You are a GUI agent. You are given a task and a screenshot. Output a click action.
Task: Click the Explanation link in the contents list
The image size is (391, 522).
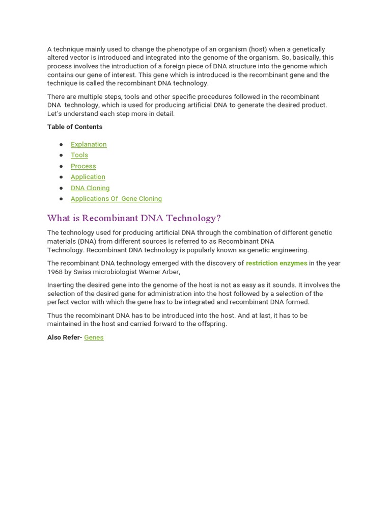89,144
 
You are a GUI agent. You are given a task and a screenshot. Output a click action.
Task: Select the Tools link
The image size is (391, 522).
79,155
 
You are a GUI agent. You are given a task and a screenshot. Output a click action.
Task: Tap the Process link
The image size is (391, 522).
83,166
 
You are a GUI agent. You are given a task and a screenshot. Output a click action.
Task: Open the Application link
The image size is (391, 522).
88,177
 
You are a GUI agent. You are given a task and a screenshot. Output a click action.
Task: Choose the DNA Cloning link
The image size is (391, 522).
90,188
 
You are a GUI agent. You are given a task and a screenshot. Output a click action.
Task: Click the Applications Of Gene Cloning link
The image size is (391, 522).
116,199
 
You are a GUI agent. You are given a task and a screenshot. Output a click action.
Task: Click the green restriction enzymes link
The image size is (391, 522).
276,264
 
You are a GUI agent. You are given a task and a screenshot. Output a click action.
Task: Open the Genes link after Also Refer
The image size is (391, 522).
94,337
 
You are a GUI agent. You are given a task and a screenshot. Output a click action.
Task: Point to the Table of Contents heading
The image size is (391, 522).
75,127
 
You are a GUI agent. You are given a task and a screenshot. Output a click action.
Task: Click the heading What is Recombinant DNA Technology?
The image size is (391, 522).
134,218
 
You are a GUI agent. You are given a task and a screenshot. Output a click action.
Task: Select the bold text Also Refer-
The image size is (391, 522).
65,337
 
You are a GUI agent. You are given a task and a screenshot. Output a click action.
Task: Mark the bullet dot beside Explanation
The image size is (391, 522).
61,145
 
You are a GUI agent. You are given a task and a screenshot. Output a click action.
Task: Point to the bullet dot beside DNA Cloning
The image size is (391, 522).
61,188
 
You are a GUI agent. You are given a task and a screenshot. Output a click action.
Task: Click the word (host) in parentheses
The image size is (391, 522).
258,49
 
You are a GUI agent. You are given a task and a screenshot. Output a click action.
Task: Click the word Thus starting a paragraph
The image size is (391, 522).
55,316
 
